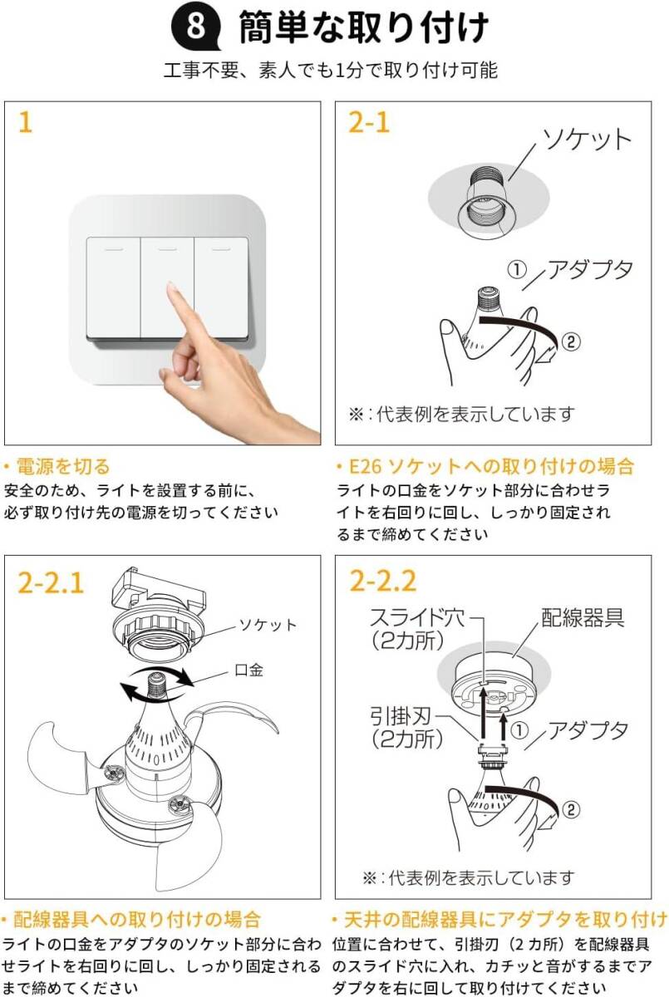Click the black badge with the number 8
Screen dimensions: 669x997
(196, 27)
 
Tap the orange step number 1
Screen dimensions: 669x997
(26, 122)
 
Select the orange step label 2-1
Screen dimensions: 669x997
(369, 122)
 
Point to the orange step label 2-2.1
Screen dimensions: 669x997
(51, 582)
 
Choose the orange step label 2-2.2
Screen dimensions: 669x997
(383, 582)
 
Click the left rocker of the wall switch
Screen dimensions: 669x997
(113, 288)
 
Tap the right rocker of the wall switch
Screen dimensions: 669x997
(221, 288)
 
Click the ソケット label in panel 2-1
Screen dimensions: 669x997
(586, 140)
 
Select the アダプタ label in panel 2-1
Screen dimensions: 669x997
(590, 270)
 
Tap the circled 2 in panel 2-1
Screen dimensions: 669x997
(571, 341)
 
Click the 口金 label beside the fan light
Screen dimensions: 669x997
(248, 670)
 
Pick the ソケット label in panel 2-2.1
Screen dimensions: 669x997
(268, 625)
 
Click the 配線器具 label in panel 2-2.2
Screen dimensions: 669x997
(583, 616)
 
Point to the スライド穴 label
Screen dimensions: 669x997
(417, 617)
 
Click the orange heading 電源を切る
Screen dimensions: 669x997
(63, 466)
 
